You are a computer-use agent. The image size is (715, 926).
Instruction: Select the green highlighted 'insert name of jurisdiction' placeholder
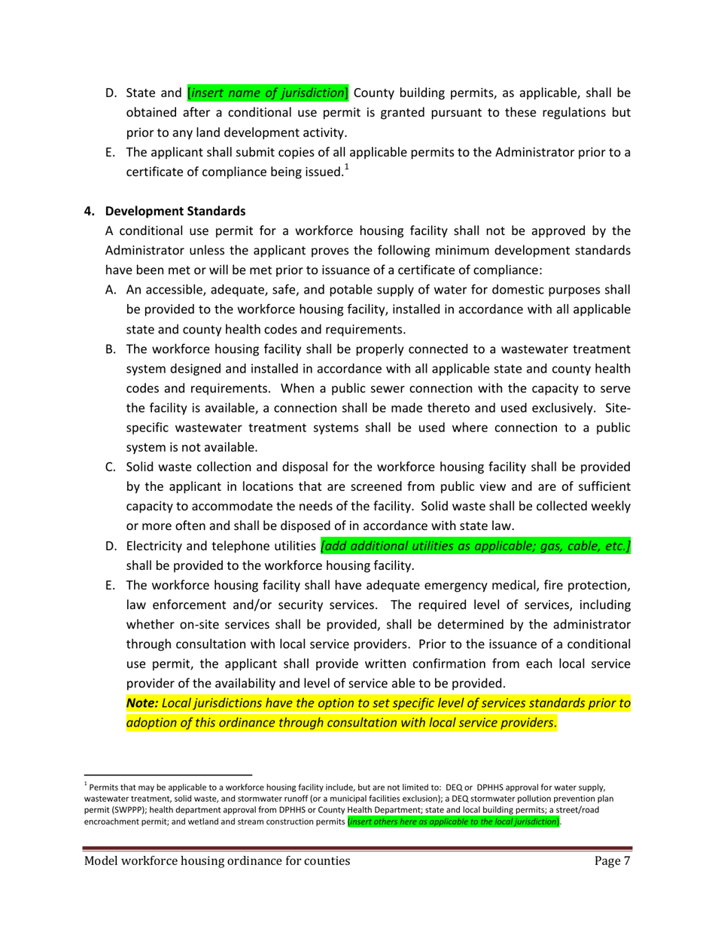click(x=267, y=93)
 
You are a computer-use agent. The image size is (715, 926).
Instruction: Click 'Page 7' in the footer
click(x=611, y=861)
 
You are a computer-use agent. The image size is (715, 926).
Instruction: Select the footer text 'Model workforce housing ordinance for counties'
click(x=217, y=861)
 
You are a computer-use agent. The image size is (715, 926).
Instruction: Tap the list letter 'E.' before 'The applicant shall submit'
click(x=111, y=153)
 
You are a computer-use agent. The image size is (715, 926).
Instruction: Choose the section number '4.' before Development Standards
click(x=89, y=210)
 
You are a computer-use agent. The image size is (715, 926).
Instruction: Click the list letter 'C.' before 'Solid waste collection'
click(x=111, y=467)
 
